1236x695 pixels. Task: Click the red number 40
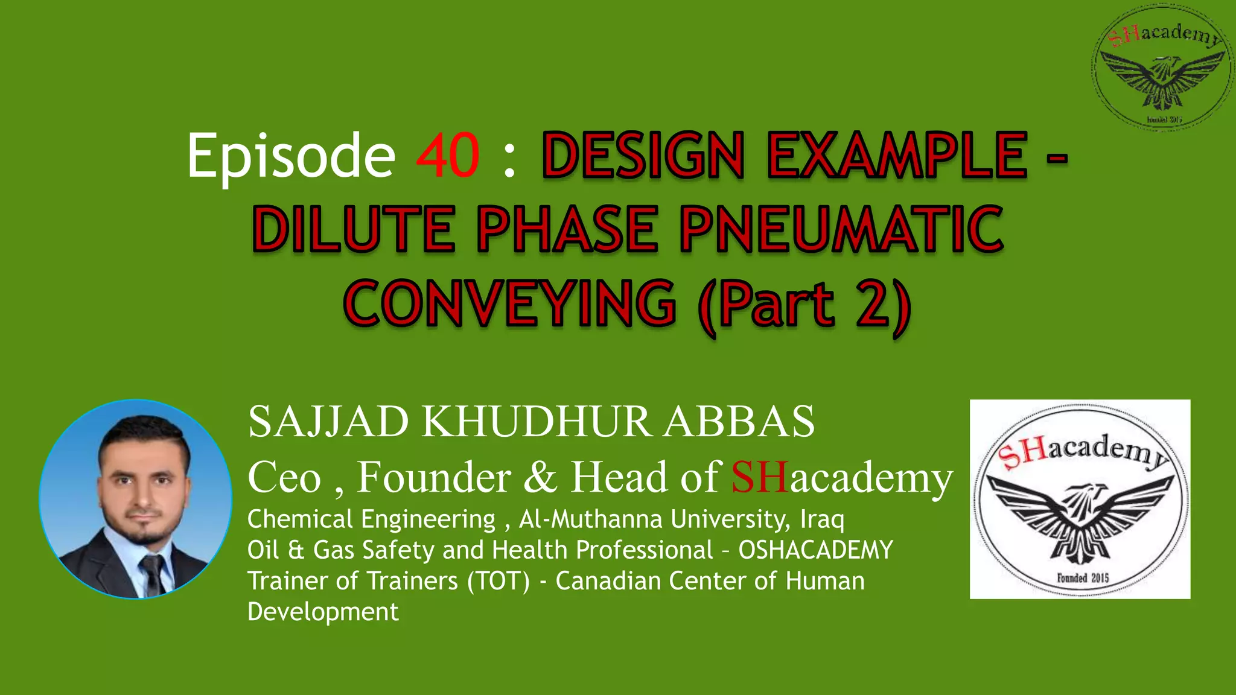tap(448, 156)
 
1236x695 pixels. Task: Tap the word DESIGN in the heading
tap(643, 156)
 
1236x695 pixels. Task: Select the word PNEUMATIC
tap(841, 229)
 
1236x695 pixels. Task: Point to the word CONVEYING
tap(510, 303)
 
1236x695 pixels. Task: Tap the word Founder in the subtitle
tap(434, 477)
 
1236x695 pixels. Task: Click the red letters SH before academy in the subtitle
tap(760, 477)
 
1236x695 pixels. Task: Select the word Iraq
tap(822, 519)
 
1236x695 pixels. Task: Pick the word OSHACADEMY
tap(815, 550)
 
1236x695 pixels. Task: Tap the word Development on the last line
tap(323, 612)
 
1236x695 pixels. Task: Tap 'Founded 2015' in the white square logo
tap(1083, 577)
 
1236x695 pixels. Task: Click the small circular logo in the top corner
tap(1162, 66)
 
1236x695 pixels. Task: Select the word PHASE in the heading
tap(567, 229)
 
